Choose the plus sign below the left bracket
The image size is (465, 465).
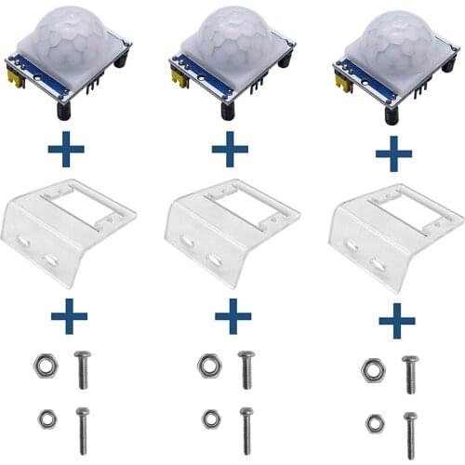coord(69,316)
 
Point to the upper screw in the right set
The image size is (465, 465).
coord(410,373)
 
